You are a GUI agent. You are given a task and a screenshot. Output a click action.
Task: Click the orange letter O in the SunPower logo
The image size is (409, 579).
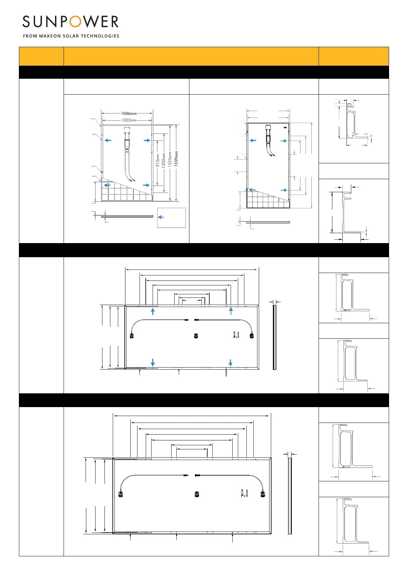point(75,22)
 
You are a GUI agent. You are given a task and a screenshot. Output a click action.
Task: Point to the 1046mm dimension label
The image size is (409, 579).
point(129,113)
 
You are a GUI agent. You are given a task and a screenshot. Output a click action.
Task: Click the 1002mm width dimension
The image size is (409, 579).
point(129,120)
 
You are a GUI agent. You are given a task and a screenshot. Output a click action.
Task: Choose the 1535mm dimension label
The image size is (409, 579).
point(170,159)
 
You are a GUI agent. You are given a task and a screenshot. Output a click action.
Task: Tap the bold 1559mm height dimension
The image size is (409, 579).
point(176,159)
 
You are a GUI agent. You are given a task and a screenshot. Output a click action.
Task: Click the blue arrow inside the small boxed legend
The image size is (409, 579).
point(161,217)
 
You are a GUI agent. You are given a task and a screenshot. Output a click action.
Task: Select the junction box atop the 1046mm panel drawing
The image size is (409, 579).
point(126,130)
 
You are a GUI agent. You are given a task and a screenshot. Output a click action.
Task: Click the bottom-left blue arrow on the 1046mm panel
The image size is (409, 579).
point(107,185)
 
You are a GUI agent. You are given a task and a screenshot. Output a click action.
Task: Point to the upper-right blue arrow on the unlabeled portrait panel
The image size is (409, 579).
point(284,141)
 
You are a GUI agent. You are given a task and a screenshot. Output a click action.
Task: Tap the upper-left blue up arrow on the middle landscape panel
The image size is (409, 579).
point(153,312)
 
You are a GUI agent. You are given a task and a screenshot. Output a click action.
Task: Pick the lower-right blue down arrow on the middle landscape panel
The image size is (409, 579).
point(231,362)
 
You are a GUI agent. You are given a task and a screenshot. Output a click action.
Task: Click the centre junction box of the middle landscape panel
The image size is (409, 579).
point(196,336)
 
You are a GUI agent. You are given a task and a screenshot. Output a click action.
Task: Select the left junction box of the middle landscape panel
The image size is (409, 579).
point(131,336)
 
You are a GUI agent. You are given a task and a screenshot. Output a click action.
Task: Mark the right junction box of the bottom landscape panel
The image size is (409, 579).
point(263,494)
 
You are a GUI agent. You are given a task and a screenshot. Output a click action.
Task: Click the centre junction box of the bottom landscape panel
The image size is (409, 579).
point(197,494)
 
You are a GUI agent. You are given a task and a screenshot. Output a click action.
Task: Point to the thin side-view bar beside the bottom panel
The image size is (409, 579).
point(290,495)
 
